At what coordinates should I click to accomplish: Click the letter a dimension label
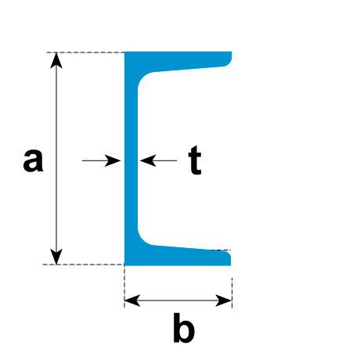(33, 160)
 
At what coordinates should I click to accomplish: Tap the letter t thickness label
(195, 160)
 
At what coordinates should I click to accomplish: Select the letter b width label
(184, 328)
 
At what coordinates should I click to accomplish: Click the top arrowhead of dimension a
(56, 60)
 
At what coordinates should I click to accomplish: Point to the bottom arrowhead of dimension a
(56, 257)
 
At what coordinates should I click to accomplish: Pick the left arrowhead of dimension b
(132, 301)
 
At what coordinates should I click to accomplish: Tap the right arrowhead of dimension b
(224, 301)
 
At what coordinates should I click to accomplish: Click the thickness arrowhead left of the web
(113, 160)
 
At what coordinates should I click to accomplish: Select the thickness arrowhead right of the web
(148, 160)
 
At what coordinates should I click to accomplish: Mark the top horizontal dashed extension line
(85, 52)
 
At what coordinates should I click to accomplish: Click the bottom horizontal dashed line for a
(84, 265)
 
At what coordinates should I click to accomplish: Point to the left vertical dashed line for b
(124, 286)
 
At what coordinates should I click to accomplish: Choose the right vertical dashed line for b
(232, 293)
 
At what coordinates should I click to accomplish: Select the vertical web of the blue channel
(131, 159)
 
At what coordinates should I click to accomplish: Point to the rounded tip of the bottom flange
(228, 257)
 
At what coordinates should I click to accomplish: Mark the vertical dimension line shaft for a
(56, 159)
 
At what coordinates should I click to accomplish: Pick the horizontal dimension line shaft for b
(178, 301)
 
